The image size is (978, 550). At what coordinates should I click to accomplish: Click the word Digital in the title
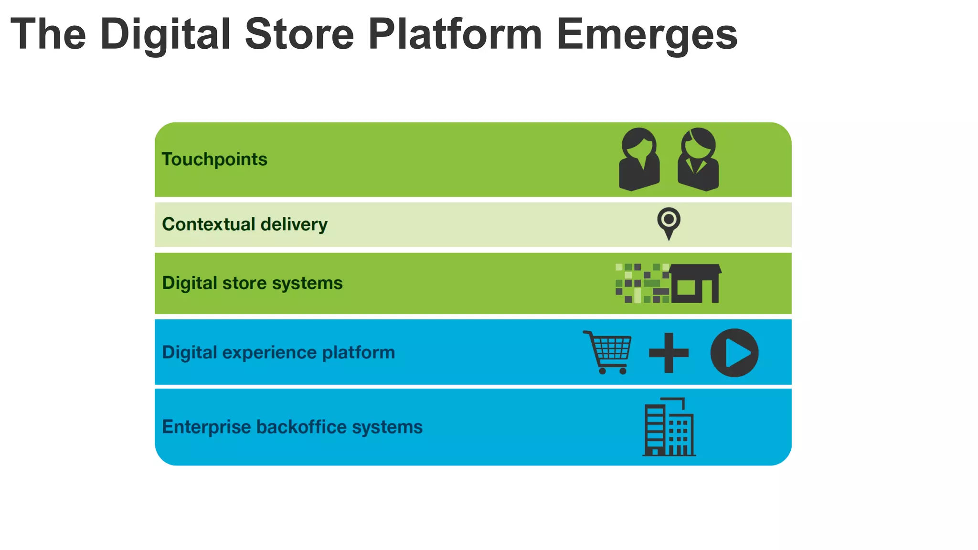click(x=165, y=34)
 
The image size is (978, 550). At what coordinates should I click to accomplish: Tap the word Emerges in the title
click(x=647, y=34)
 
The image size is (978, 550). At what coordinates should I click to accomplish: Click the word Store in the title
click(x=299, y=34)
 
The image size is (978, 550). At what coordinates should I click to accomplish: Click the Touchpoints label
click(x=214, y=159)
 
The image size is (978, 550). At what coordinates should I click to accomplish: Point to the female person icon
click(x=639, y=159)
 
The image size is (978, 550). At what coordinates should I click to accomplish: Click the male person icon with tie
click(x=698, y=159)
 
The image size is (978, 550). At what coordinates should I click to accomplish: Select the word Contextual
click(x=209, y=224)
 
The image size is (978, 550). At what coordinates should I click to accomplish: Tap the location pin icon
click(x=669, y=222)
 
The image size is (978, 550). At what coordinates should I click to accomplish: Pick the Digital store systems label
click(x=252, y=283)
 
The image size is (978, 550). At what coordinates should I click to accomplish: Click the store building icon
click(x=695, y=284)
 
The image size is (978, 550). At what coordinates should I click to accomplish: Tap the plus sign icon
click(x=669, y=353)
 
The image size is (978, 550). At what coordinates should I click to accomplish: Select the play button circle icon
click(x=734, y=353)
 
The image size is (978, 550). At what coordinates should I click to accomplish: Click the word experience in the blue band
click(x=269, y=353)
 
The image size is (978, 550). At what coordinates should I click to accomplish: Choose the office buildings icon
click(x=669, y=427)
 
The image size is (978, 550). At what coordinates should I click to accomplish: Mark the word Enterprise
click(x=206, y=427)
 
